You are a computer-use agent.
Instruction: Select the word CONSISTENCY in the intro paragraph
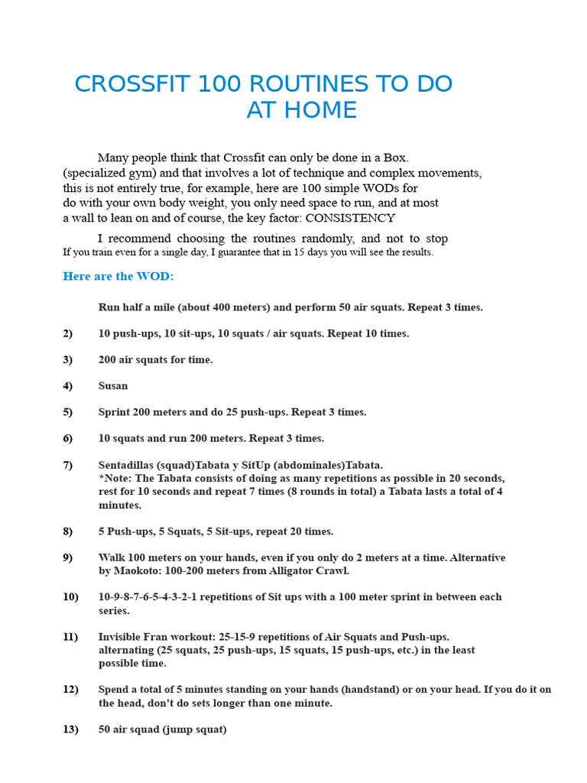tap(350, 218)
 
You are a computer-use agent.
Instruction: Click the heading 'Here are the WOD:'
tap(118, 276)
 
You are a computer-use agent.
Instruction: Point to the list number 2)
tap(68, 333)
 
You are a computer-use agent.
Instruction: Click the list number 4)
tap(68, 386)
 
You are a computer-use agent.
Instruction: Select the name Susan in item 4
tap(113, 386)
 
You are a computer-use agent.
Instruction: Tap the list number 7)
tap(68, 465)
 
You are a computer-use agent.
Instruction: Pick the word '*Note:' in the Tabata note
tap(114, 479)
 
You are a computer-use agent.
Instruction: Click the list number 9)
tap(68, 557)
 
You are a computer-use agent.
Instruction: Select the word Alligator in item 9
tap(306, 571)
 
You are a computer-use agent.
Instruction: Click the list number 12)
tap(70, 690)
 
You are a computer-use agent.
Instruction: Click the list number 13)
tap(70, 729)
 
